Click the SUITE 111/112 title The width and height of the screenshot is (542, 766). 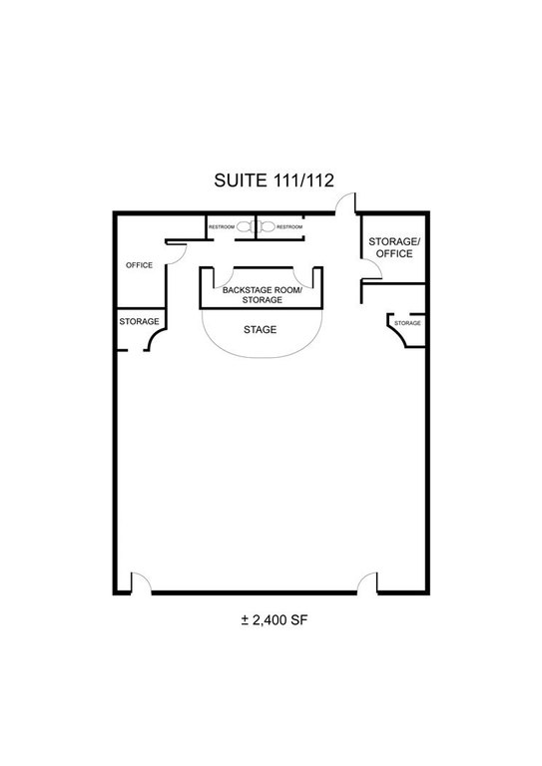[273, 181]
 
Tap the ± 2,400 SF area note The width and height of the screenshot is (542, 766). [274, 620]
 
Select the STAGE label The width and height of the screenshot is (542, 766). [260, 330]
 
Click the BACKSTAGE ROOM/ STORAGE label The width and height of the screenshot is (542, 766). [262, 294]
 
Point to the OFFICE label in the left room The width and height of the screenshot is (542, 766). [140, 265]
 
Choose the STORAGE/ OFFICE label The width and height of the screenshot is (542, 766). [394, 247]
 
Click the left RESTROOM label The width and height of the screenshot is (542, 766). [222, 227]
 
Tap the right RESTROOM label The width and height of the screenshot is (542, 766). [289, 227]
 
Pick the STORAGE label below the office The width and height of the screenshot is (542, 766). [140, 321]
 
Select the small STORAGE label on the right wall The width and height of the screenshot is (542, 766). [407, 323]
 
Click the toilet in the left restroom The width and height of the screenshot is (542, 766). [246, 226]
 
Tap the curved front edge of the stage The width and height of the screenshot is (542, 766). [262, 358]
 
